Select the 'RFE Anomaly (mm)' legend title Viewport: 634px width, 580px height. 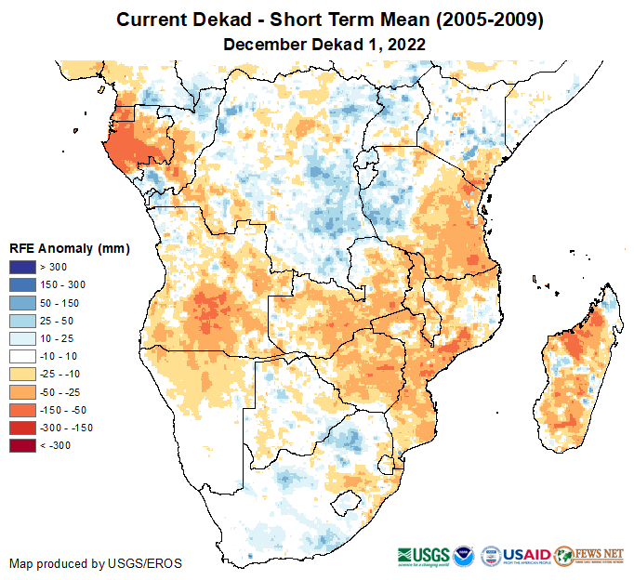pyautogui.click(x=69, y=248)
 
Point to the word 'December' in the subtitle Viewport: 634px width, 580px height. pyautogui.click(x=266, y=44)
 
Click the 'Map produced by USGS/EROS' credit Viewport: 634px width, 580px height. pyautogui.click(x=96, y=563)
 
